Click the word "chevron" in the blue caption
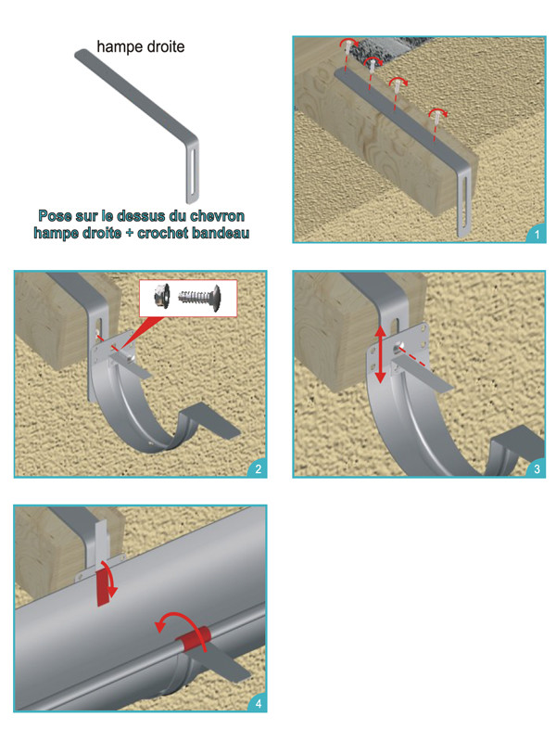[218, 216]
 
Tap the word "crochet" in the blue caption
[163, 233]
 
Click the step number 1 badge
[537, 235]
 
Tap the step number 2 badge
[259, 469]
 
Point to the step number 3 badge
[537, 469]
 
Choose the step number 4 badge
[259, 704]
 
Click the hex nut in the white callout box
[162, 296]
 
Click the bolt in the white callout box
[199, 298]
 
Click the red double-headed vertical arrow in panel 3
[380, 354]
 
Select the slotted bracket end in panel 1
[464, 202]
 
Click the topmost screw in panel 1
[348, 47]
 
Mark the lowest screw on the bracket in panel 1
[437, 118]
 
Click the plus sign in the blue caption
[129, 234]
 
